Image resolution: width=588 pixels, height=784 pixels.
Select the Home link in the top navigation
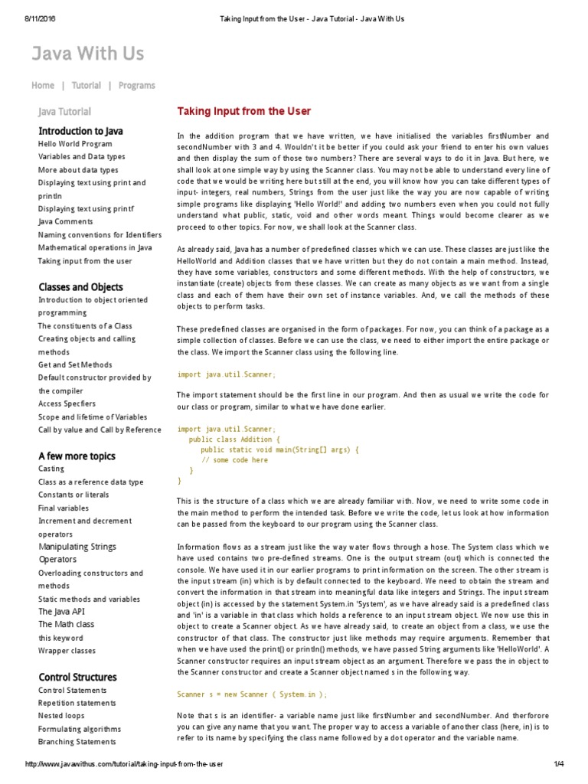tap(43, 86)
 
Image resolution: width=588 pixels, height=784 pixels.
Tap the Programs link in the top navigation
tap(136, 86)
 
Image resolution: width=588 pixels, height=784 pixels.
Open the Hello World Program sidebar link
tap(75, 144)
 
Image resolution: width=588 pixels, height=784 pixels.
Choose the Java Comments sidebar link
tap(66, 222)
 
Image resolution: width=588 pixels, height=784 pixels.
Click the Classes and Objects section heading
tap(80, 287)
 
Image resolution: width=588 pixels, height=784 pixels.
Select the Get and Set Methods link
tap(75, 365)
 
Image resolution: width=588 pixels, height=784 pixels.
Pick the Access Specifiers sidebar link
tap(67, 403)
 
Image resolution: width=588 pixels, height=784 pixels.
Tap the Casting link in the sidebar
tap(51, 469)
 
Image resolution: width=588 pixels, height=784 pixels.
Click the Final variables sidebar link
tap(64, 508)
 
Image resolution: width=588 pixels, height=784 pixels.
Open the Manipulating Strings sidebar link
tap(77, 547)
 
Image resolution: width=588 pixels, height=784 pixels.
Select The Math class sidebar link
tap(67, 625)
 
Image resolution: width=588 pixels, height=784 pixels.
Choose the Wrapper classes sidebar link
tap(67, 651)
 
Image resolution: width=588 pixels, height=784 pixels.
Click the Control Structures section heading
tap(77, 678)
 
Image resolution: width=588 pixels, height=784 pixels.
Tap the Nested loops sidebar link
tap(61, 716)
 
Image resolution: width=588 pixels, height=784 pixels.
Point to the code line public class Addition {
tap(235, 440)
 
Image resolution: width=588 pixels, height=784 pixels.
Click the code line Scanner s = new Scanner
tap(252, 694)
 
